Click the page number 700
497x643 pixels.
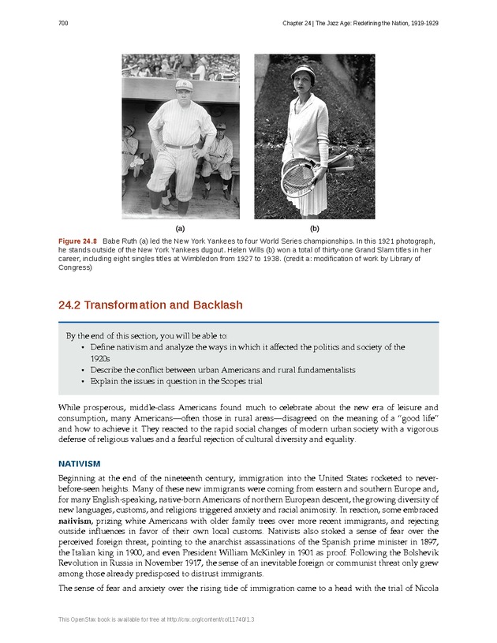click(63, 24)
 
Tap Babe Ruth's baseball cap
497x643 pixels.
click(183, 84)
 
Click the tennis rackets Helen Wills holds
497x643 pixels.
click(300, 175)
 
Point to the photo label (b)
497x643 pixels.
click(314, 227)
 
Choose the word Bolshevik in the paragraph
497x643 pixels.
click(413, 555)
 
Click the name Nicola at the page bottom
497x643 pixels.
click(426, 589)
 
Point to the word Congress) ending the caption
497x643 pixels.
click(76, 267)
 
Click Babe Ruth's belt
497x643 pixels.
click(180, 146)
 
